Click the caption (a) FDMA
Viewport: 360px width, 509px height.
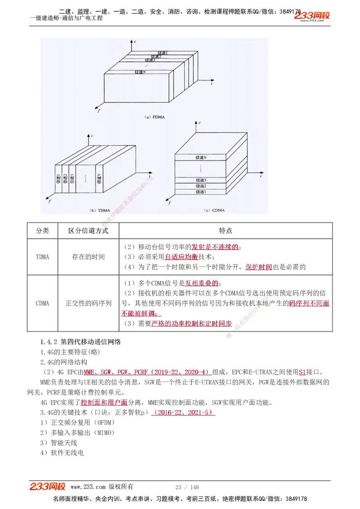pyautogui.click(x=154, y=117)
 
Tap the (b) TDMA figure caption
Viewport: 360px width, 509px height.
pyautogui.click(x=99, y=210)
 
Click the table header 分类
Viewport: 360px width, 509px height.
pyautogui.click(x=42, y=231)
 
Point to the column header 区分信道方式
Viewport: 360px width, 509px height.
pyautogui.click(x=88, y=231)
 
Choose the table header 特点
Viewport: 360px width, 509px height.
pyautogui.click(x=225, y=231)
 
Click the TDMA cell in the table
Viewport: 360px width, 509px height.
pyautogui.click(x=42, y=257)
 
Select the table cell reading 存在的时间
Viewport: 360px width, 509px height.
pyautogui.click(x=88, y=257)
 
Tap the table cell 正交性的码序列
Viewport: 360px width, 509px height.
pyautogui.click(x=88, y=303)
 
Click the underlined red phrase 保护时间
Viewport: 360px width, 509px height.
pyautogui.click(x=259, y=267)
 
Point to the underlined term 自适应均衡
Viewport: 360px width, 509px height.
pyautogui.click(x=181, y=257)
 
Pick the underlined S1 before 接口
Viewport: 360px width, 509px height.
pyautogui.click(x=302, y=372)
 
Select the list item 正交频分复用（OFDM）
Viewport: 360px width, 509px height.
pyautogui.click(x=77, y=422)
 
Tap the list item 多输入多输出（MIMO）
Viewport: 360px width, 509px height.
pyautogui.click(x=77, y=433)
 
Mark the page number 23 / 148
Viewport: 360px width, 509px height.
pyautogui.click(x=187, y=487)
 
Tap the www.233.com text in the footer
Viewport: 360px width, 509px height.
pyautogui.click(x=88, y=487)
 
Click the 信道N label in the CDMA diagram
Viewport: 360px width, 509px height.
pyautogui.click(x=201, y=157)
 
